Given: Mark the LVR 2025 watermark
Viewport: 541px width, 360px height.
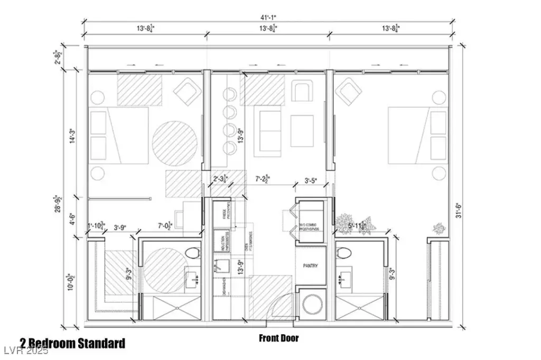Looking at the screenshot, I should click(x=25, y=350).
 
